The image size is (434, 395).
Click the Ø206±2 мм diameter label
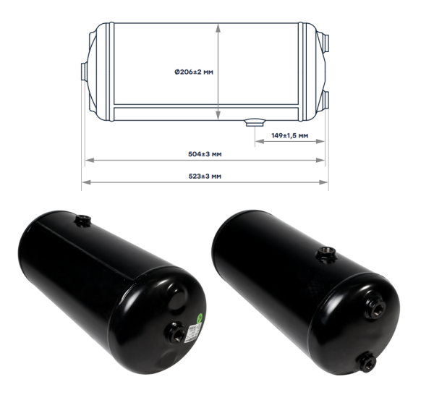click(x=194, y=72)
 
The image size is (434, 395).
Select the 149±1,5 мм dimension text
click(x=289, y=135)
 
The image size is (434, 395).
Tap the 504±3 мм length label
click(x=205, y=154)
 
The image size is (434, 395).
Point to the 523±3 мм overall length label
click(x=205, y=176)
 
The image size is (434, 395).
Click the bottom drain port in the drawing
click(x=255, y=123)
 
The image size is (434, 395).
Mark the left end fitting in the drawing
click(x=84, y=72)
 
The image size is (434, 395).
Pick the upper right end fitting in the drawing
click(x=326, y=43)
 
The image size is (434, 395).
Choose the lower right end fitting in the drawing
click(x=326, y=100)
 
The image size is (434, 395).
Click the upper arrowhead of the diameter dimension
click(x=218, y=27)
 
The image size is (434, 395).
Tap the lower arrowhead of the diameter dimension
click(x=218, y=116)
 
